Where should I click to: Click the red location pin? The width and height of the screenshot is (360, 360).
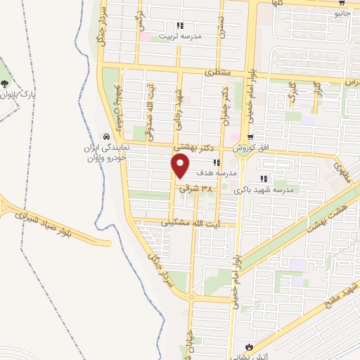[x=181, y=166]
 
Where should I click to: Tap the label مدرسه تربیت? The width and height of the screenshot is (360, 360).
[x=180, y=34]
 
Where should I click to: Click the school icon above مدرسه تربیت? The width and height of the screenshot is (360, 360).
[x=180, y=25]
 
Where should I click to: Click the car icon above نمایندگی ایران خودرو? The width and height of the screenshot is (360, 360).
[x=105, y=136]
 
